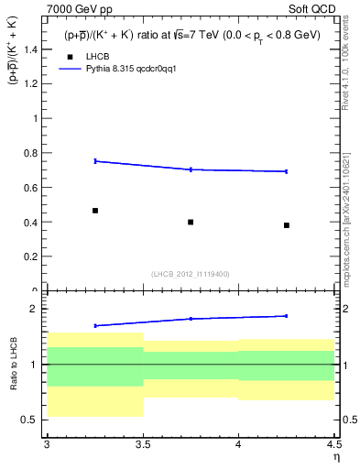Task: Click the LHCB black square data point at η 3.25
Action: click(x=95, y=211)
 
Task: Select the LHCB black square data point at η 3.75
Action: click(x=191, y=222)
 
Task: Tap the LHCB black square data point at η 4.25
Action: click(x=287, y=225)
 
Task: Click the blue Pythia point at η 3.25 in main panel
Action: click(x=95, y=161)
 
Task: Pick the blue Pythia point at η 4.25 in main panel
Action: click(x=287, y=171)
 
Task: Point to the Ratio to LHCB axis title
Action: click(x=12, y=365)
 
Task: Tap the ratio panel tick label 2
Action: click(x=33, y=310)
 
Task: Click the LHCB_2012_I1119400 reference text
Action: click(x=190, y=274)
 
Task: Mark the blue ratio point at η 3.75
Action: click(x=191, y=319)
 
